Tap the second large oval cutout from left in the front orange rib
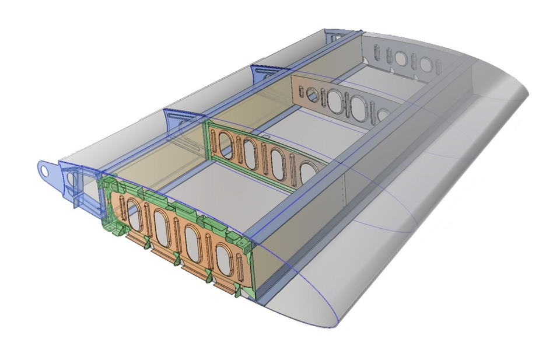162,222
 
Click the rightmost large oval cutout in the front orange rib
223,257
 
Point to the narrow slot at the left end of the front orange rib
121,205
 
